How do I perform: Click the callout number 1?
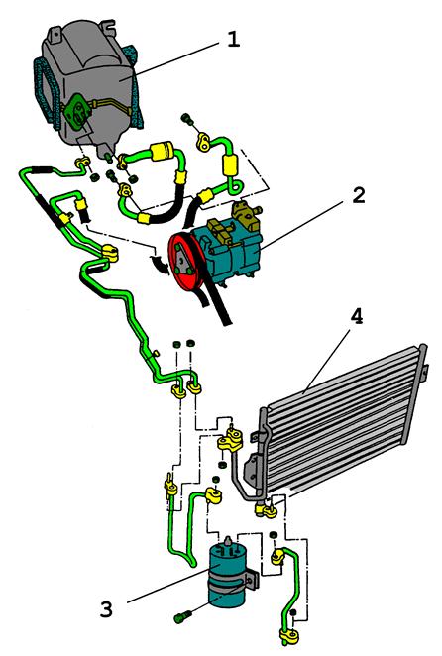click(233, 40)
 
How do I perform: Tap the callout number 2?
click(359, 195)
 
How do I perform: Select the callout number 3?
click(106, 609)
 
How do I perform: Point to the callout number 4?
click(356, 317)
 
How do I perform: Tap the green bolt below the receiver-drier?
click(182, 616)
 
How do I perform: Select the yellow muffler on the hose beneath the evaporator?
click(162, 151)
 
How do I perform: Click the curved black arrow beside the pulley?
click(160, 264)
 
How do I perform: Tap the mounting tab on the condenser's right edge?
click(426, 373)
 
